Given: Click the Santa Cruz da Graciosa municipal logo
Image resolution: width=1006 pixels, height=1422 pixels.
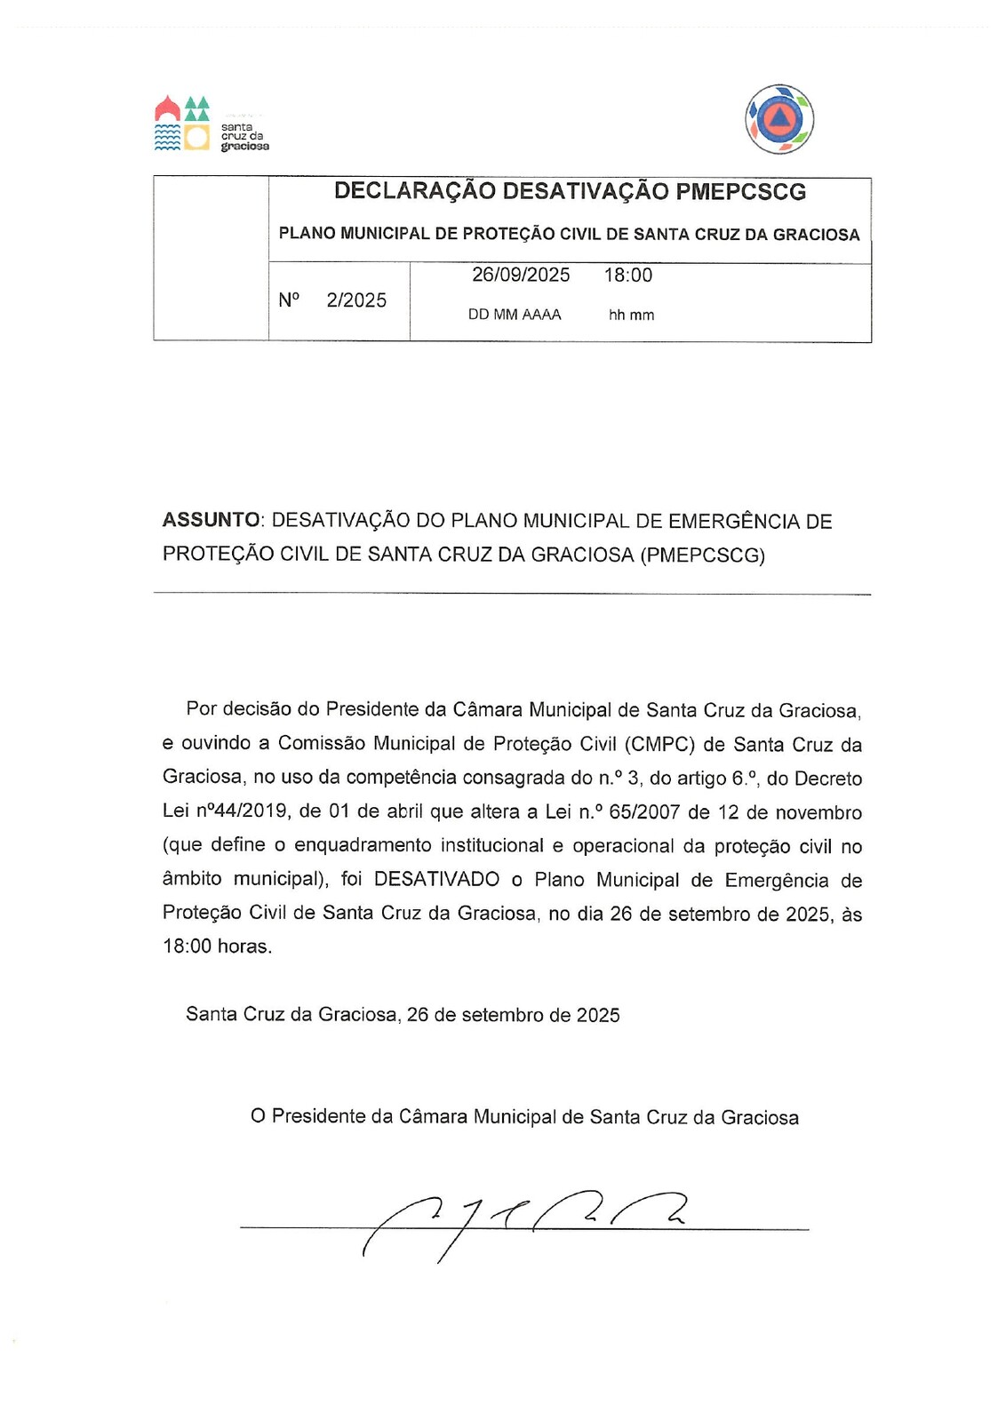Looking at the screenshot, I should pyautogui.click(x=212, y=124).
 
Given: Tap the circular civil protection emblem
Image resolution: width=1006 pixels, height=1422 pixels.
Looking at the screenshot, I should pyautogui.click(x=779, y=119).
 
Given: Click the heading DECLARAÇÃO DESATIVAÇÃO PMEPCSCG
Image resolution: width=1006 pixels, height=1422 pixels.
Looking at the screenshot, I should pyautogui.click(x=570, y=191).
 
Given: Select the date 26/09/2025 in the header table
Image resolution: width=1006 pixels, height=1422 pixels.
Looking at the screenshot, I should pyautogui.click(x=521, y=275).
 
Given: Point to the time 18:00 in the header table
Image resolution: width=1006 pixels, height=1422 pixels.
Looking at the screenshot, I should pyautogui.click(x=628, y=275).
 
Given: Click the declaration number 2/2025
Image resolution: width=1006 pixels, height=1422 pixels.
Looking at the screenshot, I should pyautogui.click(x=356, y=300).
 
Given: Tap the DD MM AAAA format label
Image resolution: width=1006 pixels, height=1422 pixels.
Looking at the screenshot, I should pyautogui.click(x=515, y=315).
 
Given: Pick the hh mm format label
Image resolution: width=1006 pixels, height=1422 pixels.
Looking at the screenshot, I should pyautogui.click(x=631, y=315).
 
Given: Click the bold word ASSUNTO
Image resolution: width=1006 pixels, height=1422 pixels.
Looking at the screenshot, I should pyautogui.click(x=211, y=521).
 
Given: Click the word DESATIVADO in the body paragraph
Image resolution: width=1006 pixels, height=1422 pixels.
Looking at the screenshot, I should pyautogui.click(x=436, y=880).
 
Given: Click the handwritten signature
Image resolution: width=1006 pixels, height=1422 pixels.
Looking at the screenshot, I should pyautogui.click(x=524, y=1222).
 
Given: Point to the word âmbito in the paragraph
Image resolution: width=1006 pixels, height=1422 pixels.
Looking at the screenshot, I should pyautogui.click(x=191, y=880).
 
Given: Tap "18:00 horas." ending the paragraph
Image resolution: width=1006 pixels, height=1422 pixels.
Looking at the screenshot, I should pyautogui.click(x=217, y=947).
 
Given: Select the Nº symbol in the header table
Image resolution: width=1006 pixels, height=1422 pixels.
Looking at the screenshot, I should pyautogui.click(x=289, y=300).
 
